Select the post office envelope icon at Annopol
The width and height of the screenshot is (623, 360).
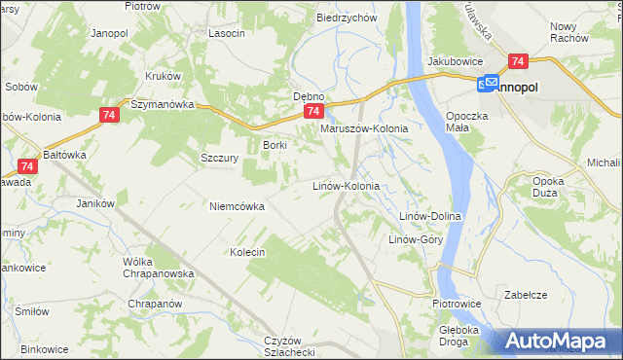(x=488, y=85)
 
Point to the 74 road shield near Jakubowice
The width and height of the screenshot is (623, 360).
(x=517, y=60)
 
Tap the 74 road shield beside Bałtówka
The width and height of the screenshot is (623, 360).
(x=27, y=166)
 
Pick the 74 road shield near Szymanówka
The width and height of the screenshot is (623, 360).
(x=108, y=115)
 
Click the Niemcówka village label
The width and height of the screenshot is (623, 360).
(x=238, y=205)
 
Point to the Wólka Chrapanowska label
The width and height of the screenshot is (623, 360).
(x=158, y=268)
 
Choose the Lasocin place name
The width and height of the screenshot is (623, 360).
(x=226, y=32)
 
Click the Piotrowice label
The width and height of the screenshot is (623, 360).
(x=456, y=304)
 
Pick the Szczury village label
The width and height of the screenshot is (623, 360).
(x=220, y=158)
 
